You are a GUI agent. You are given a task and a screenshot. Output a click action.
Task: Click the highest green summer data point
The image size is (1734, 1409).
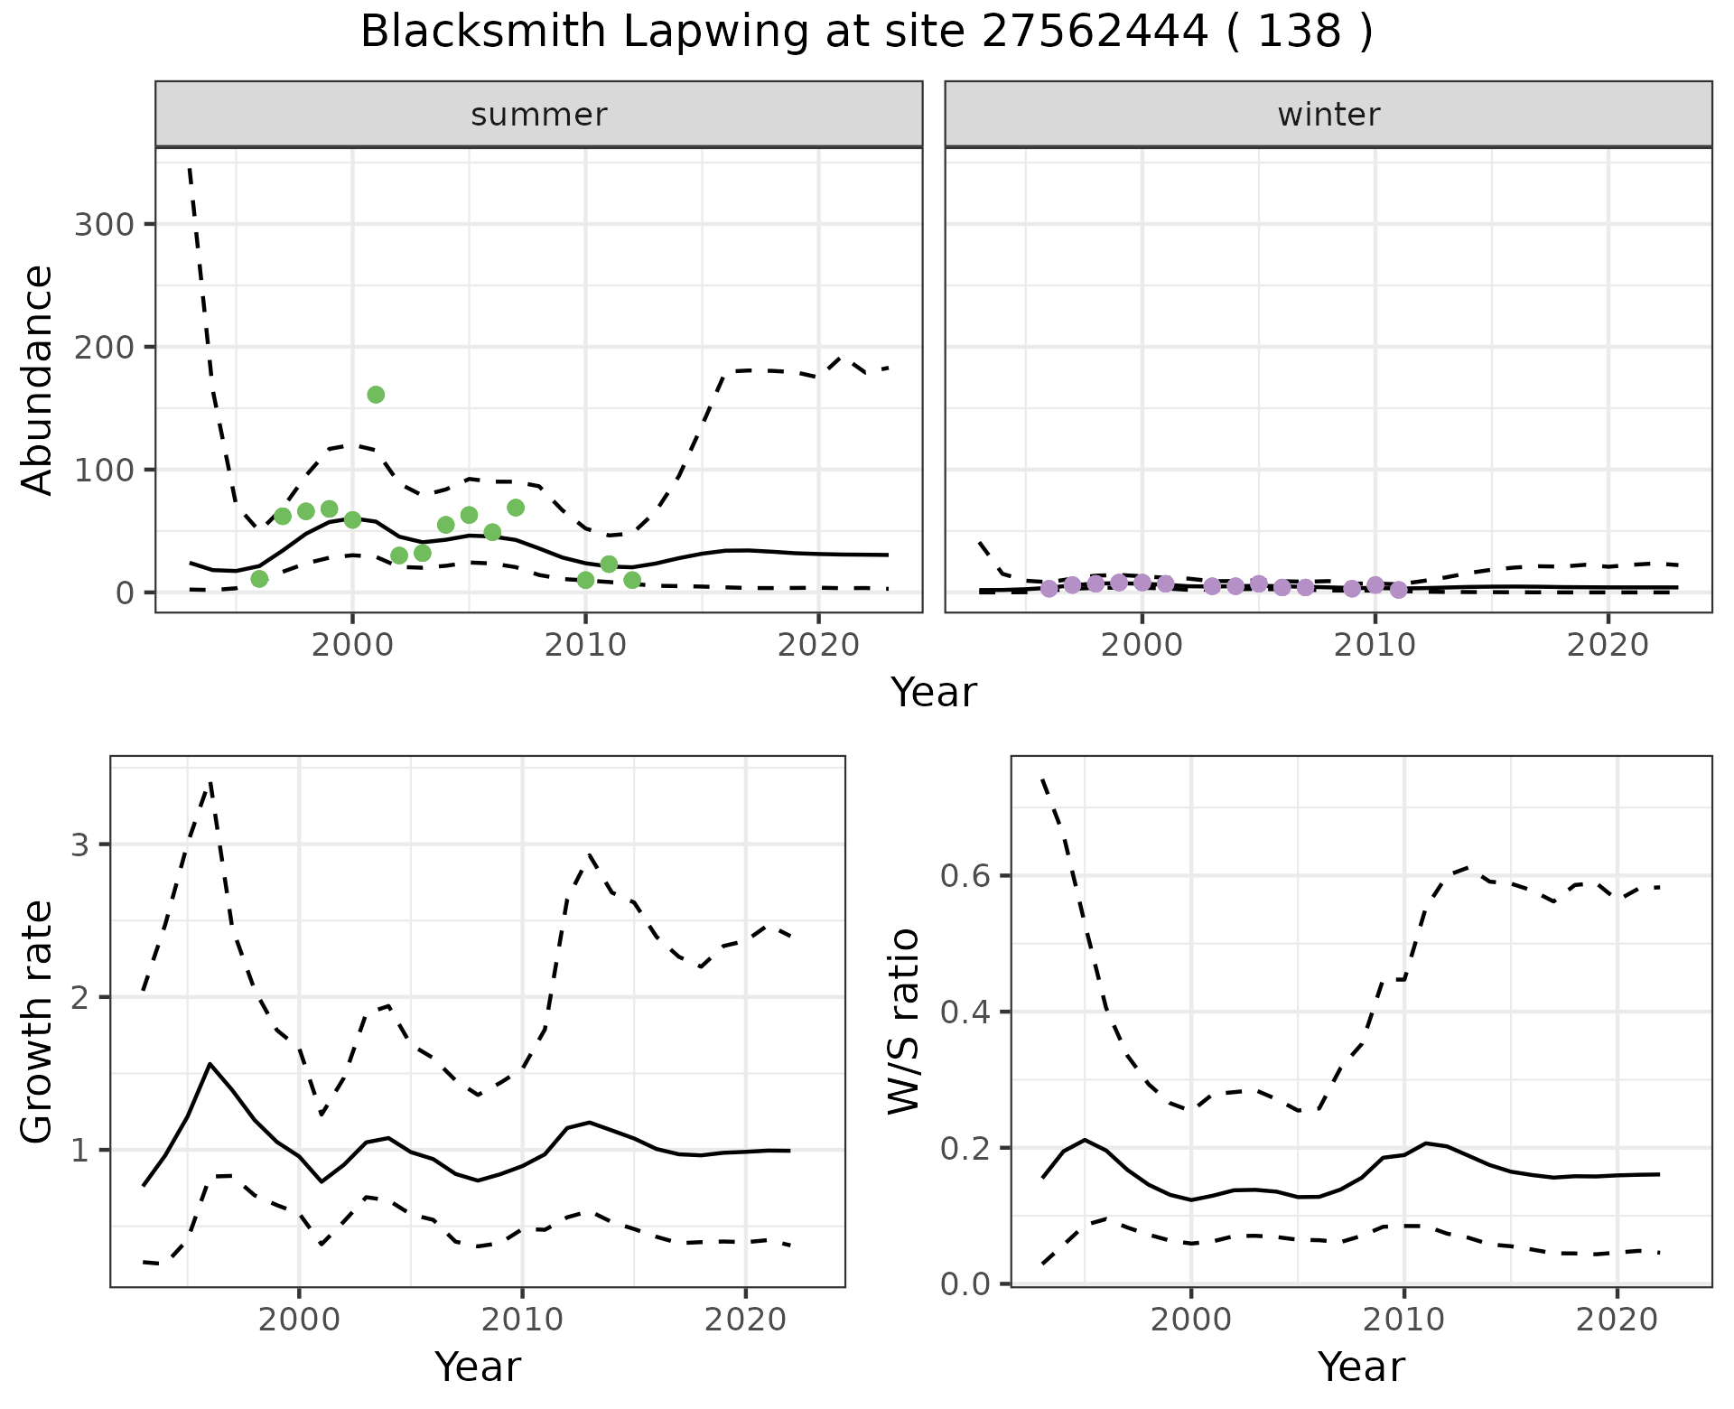tap(376, 395)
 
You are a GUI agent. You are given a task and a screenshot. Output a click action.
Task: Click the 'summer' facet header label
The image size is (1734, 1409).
tap(539, 115)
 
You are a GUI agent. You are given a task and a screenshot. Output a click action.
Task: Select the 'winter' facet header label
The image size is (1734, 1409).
tap(1328, 115)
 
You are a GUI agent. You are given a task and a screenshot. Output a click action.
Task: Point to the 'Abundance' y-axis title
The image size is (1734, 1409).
tap(38, 380)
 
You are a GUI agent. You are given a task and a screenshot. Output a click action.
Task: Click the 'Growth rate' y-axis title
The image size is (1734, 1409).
tap(38, 1023)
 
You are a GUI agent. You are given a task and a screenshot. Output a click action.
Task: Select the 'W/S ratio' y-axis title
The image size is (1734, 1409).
tap(903, 1022)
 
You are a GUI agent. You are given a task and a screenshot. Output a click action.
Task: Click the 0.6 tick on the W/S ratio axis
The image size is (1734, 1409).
tap(967, 876)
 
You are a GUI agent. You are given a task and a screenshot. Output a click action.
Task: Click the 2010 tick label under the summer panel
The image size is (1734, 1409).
tap(585, 646)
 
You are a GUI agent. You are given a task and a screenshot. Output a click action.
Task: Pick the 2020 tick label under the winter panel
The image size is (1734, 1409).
tap(1608, 646)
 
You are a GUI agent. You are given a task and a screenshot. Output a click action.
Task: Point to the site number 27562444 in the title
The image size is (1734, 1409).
tap(1095, 33)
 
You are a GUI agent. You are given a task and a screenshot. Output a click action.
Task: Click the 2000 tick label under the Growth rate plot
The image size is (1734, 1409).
tap(299, 1320)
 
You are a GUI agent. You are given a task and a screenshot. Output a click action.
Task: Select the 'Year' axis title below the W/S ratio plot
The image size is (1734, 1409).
tap(1361, 1367)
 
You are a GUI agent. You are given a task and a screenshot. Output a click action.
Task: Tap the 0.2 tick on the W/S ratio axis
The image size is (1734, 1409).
tap(967, 1148)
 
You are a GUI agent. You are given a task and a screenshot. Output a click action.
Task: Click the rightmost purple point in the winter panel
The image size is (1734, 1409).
tap(1398, 590)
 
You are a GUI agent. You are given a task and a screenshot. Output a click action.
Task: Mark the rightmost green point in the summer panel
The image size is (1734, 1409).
tap(632, 580)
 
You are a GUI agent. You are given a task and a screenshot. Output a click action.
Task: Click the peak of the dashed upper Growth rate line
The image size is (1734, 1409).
tap(210, 782)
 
